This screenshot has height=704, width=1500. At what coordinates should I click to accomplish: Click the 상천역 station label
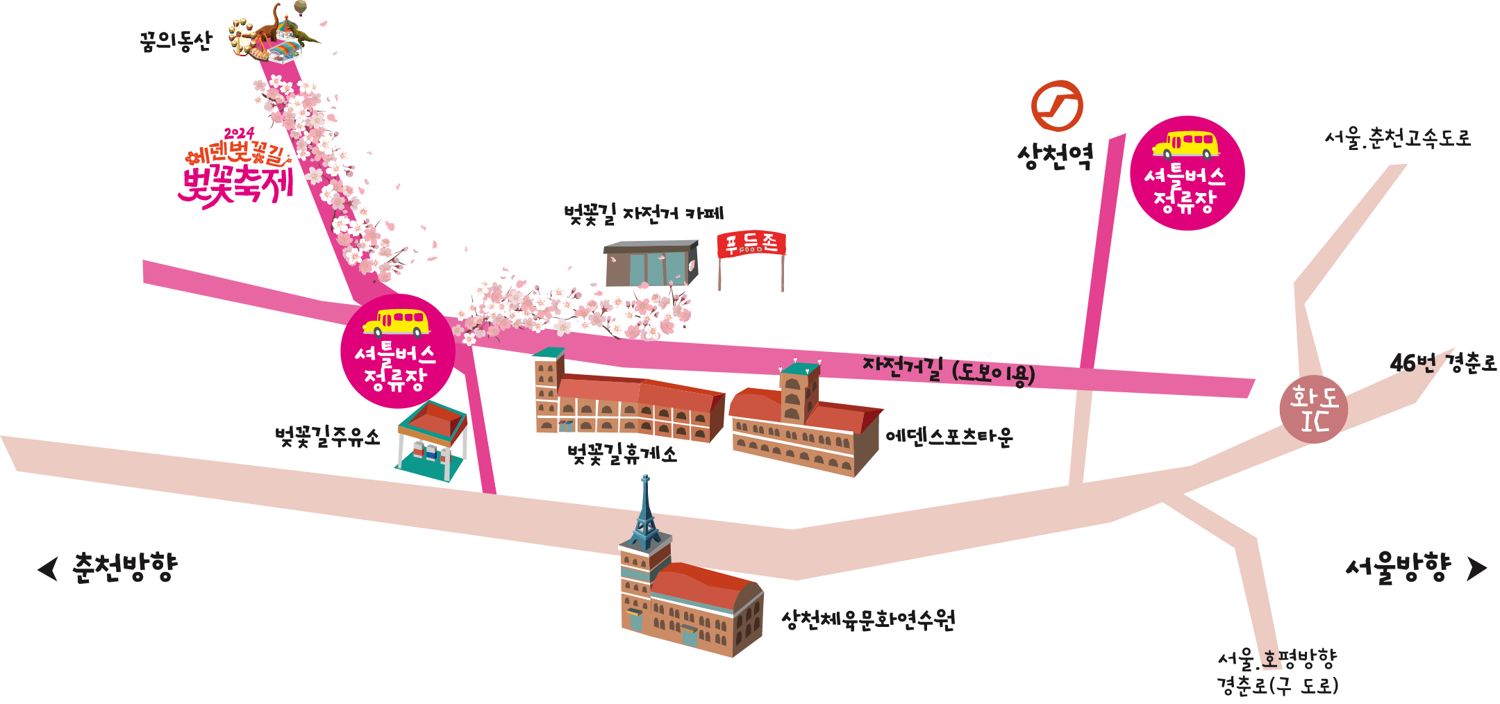click(1055, 157)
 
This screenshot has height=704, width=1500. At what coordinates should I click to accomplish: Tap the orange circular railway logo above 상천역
click(1056, 106)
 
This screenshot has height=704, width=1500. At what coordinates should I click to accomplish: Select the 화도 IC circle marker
click(1313, 409)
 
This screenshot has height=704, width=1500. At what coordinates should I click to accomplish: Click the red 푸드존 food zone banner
click(751, 244)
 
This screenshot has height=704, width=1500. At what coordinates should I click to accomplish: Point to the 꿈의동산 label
click(175, 42)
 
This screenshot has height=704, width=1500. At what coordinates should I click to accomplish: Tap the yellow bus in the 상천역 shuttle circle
click(1186, 144)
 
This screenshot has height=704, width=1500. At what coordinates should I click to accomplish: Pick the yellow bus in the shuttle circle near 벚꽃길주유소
click(396, 322)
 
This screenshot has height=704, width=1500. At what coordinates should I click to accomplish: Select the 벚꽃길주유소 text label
click(328, 437)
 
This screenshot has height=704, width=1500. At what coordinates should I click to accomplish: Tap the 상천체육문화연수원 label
click(868, 619)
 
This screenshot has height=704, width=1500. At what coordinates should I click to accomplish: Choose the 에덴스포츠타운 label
click(949, 437)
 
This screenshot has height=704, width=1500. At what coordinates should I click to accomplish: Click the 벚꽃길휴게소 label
click(622, 455)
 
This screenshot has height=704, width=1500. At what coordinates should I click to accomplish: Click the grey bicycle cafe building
click(651, 263)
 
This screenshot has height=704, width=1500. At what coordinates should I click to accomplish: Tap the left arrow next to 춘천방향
click(48, 569)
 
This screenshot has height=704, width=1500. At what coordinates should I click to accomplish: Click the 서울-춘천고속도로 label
click(1397, 138)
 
